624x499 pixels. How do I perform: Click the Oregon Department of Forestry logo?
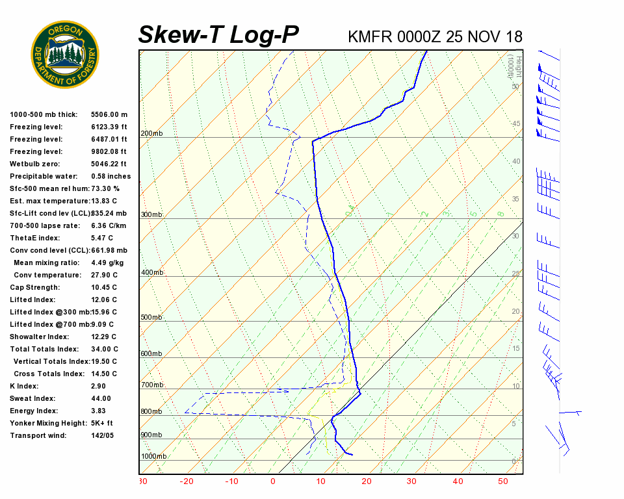tap(65, 54)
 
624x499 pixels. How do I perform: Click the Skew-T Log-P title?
tap(218, 35)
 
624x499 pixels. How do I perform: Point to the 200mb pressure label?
tap(151, 134)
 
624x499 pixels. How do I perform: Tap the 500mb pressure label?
tap(151, 318)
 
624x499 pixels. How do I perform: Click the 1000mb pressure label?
tap(153, 456)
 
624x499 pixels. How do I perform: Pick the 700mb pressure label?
tap(151, 385)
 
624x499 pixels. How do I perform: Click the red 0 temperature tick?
tap(273, 481)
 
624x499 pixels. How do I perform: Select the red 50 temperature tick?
tap(503, 481)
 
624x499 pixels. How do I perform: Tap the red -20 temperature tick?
tap(187, 481)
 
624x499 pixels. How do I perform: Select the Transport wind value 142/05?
tap(102, 435)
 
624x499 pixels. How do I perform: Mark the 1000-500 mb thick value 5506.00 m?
tap(109, 114)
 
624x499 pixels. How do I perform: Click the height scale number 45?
tap(516, 123)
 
